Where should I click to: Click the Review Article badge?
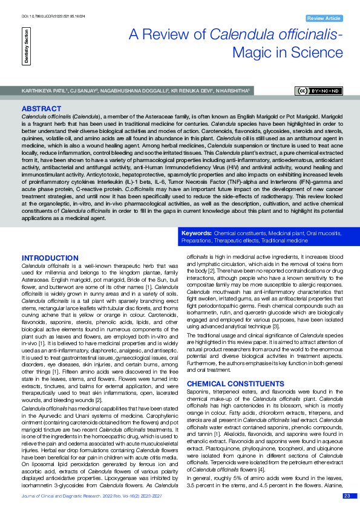click(324, 19)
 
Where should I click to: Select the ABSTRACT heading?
click(41, 109)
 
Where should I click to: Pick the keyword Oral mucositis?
click(321, 232)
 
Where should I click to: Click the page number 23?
click(347, 496)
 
